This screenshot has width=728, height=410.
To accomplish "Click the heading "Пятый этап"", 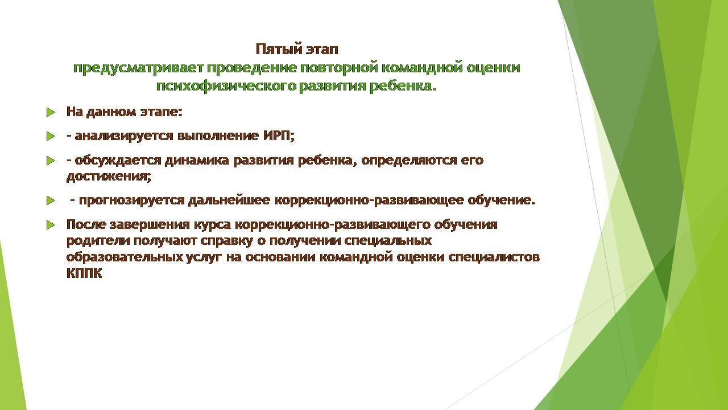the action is point(297,49).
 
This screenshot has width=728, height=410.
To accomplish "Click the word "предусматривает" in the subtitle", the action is point(138,68).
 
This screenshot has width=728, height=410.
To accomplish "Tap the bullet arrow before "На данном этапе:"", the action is point(51,113).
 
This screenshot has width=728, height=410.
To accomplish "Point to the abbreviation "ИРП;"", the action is point(279,136).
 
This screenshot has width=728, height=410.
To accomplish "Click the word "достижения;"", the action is point(109,177).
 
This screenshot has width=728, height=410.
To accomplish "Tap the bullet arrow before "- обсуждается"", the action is point(51,161).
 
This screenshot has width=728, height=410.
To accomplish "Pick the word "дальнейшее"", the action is point(229,200).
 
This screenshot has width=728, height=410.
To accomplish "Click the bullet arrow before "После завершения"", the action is point(51,224).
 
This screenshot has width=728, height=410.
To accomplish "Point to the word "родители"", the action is point(98,241).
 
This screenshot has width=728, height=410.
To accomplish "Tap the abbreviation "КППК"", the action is point(84,273).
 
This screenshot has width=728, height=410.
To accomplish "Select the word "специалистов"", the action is point(494,257).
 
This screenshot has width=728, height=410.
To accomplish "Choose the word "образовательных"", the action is point(125,257).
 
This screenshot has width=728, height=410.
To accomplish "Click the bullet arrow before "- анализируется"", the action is point(51,136).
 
